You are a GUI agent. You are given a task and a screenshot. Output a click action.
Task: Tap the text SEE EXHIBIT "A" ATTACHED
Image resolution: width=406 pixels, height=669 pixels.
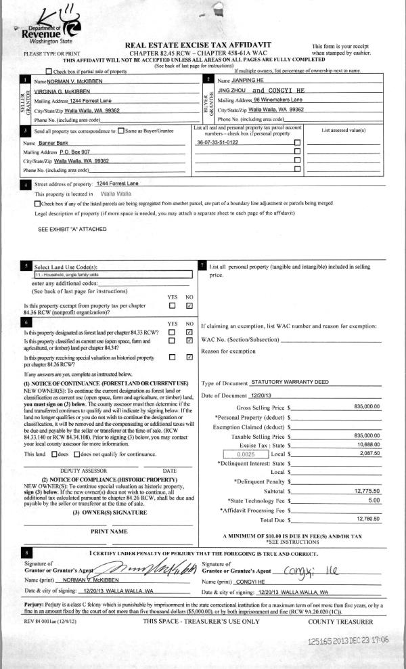[x=72, y=229]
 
